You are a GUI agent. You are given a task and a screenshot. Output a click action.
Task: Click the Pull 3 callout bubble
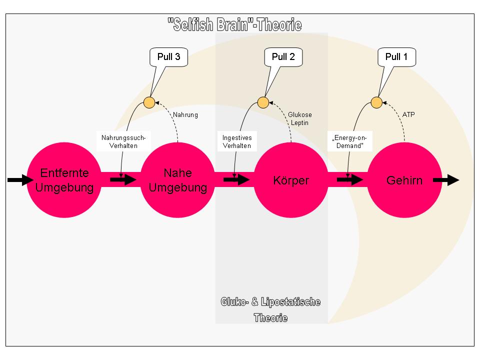[168, 57]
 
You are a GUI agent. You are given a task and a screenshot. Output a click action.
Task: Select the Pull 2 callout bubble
[283, 57]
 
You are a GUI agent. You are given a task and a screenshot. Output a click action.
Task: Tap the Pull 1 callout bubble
[396, 57]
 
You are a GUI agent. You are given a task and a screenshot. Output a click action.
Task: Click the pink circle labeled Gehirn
[404, 180]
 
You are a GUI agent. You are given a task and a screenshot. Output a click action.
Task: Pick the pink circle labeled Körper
[291, 180]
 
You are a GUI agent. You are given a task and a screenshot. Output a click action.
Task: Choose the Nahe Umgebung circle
[177, 180]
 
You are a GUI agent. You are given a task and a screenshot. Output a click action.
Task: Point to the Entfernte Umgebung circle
[64, 180]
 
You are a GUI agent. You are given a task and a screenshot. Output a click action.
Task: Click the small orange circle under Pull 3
[149, 102]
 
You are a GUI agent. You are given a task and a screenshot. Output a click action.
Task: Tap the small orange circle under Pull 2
[263, 102]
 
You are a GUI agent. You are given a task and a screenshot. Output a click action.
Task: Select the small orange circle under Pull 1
[376, 102]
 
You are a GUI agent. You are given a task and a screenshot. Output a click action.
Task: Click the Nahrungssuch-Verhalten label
[123, 141]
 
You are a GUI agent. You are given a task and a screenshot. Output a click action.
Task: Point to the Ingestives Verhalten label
[237, 141]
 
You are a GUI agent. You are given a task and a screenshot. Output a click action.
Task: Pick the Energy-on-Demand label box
[350, 141]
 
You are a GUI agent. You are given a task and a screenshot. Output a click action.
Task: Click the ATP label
[408, 114]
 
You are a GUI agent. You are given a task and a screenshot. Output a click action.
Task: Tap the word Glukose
[300, 115]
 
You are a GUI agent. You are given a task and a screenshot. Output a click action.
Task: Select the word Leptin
[299, 123]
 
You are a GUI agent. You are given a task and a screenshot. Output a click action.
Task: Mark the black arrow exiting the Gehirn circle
[446, 180]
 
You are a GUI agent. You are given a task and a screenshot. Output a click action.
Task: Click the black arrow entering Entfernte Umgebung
[20, 180]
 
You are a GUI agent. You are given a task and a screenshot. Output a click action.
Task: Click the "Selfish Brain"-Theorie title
[235, 25]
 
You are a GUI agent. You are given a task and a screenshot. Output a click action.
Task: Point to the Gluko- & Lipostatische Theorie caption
[270, 310]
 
